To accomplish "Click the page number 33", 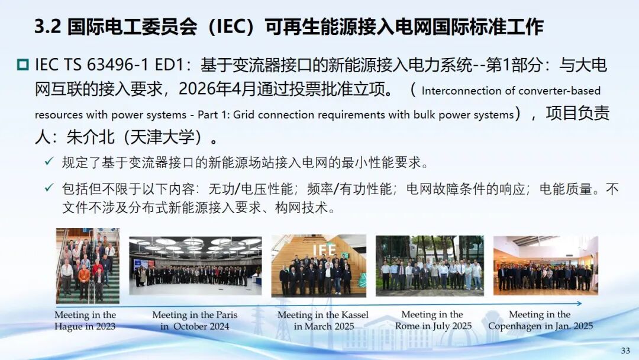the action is pyautogui.click(x=625, y=351).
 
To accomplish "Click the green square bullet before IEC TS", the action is pyautogui.click(x=23, y=65).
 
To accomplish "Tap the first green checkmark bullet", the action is pyautogui.click(x=49, y=162).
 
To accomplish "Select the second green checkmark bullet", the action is pyautogui.click(x=49, y=188).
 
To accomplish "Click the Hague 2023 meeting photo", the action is pyautogui.click(x=88, y=265).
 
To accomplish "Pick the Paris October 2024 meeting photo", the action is pyautogui.click(x=195, y=266).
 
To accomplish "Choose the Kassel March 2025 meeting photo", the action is pyautogui.click(x=319, y=265).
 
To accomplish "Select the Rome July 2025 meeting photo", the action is pyautogui.click(x=430, y=265).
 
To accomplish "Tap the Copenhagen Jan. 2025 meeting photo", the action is pyautogui.click(x=546, y=265).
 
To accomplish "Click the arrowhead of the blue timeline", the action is pyautogui.click(x=579, y=303).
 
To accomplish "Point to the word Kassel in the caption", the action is pyautogui.click(x=354, y=315).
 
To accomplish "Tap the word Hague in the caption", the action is pyautogui.click(x=67, y=327).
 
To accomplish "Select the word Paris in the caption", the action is pyautogui.click(x=227, y=315).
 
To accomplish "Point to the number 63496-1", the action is pyautogui.click(x=117, y=65).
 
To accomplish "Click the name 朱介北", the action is pyautogui.click(x=91, y=137).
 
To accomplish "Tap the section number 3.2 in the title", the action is pyautogui.click(x=47, y=27).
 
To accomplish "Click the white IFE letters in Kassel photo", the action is pyautogui.click(x=324, y=249).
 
